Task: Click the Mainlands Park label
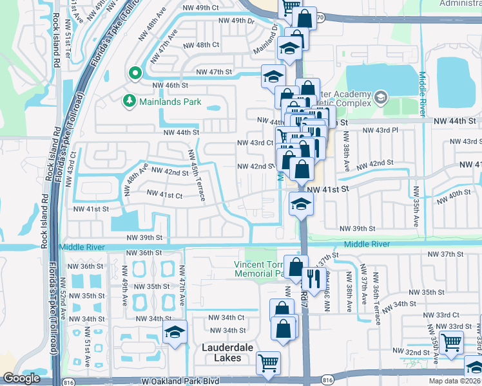coord(169,102)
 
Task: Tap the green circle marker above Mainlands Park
coord(135,73)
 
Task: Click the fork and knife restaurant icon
coord(313,277)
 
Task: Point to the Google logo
coord(21,378)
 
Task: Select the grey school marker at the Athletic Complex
coord(381,98)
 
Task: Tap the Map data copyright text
coord(454,381)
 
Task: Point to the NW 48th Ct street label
coord(201,45)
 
